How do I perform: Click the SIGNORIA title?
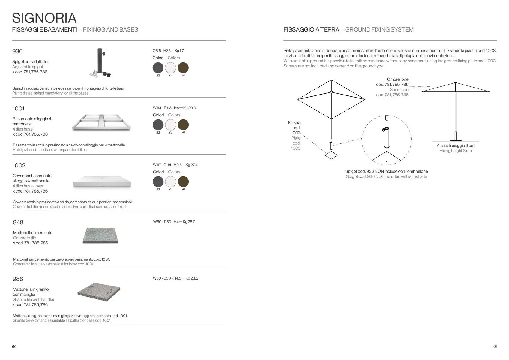point(44,18)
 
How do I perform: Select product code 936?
point(17,51)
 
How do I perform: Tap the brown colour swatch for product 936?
point(183,68)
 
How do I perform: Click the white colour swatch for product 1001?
point(170,125)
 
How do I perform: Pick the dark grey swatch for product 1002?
point(158,182)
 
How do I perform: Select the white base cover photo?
point(102,181)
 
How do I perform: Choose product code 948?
point(18,222)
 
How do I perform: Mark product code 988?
point(18,279)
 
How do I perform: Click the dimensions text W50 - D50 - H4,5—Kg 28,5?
point(175,278)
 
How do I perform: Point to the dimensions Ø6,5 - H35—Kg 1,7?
point(168,51)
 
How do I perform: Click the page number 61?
point(495,346)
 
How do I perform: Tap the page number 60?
point(14,346)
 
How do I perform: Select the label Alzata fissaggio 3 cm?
point(455,145)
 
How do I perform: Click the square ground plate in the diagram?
point(331,155)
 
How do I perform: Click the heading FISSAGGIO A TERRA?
point(311,29)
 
